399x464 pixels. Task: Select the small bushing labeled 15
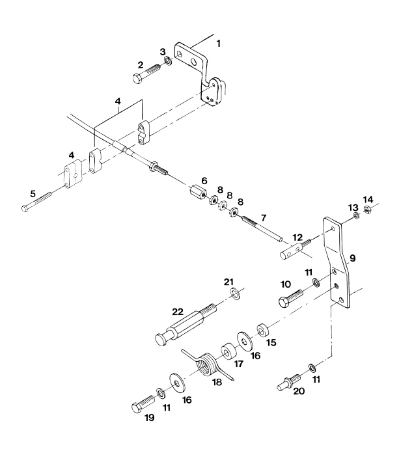[x=263, y=327]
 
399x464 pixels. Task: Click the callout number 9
[x=353, y=259]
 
